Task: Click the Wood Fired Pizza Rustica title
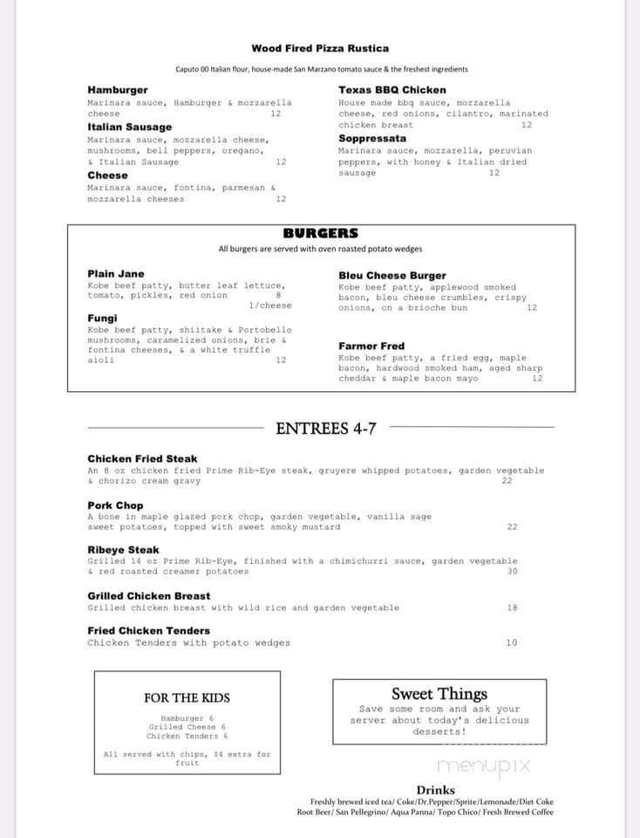click(320, 49)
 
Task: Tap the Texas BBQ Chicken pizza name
click(391, 90)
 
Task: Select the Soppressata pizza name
click(372, 138)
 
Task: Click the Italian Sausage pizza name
click(129, 127)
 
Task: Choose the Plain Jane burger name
click(116, 274)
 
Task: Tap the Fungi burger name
click(102, 319)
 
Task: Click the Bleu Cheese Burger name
click(391, 276)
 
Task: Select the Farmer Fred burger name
click(371, 347)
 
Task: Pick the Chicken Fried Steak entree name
click(142, 458)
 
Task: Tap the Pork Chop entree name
click(115, 505)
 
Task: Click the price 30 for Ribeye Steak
click(512, 571)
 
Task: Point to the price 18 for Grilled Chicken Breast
click(512, 608)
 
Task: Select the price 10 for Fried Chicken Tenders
click(512, 642)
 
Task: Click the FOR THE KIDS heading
click(187, 697)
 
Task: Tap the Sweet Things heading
click(439, 694)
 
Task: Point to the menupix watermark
click(483, 766)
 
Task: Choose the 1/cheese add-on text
click(270, 306)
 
